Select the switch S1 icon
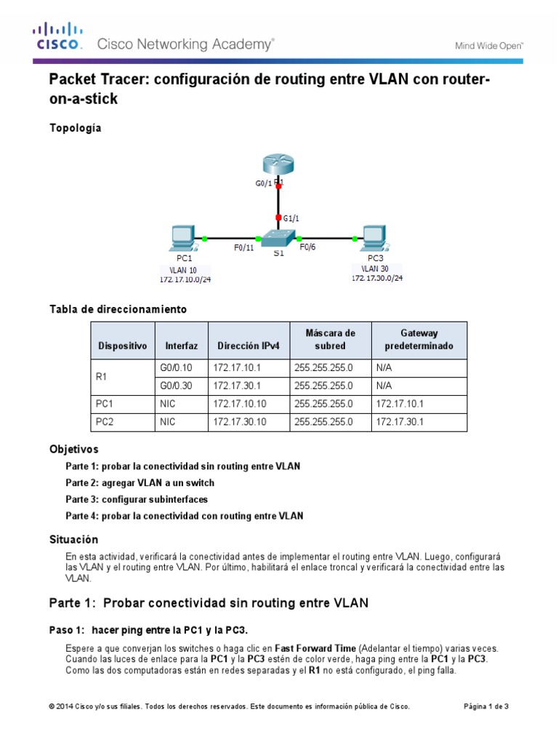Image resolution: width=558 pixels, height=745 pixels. pyautogui.click(x=278, y=238)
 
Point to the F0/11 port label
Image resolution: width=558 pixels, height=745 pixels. pyautogui.click(x=243, y=247)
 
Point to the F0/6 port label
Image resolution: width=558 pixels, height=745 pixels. pyautogui.click(x=308, y=247)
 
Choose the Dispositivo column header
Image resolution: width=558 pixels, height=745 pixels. pyautogui.click(x=123, y=346)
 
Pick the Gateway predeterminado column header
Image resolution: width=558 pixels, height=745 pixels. pyautogui.click(x=418, y=340)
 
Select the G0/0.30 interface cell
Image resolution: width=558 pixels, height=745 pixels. pyautogui.click(x=176, y=386)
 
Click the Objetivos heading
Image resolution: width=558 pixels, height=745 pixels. pyautogui.click(x=73, y=449)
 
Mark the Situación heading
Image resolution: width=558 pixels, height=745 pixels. pyautogui.click(x=73, y=540)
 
